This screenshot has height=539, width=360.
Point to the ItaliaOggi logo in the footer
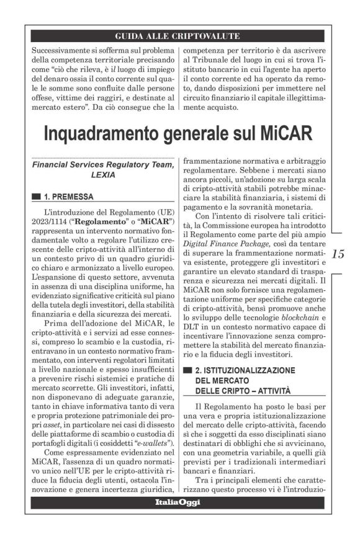click(178, 502)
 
